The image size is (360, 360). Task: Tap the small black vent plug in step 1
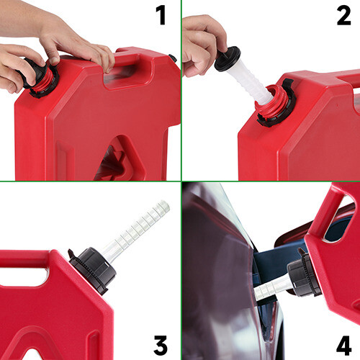tap(172, 58)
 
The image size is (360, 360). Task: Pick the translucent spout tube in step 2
tap(253, 83)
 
